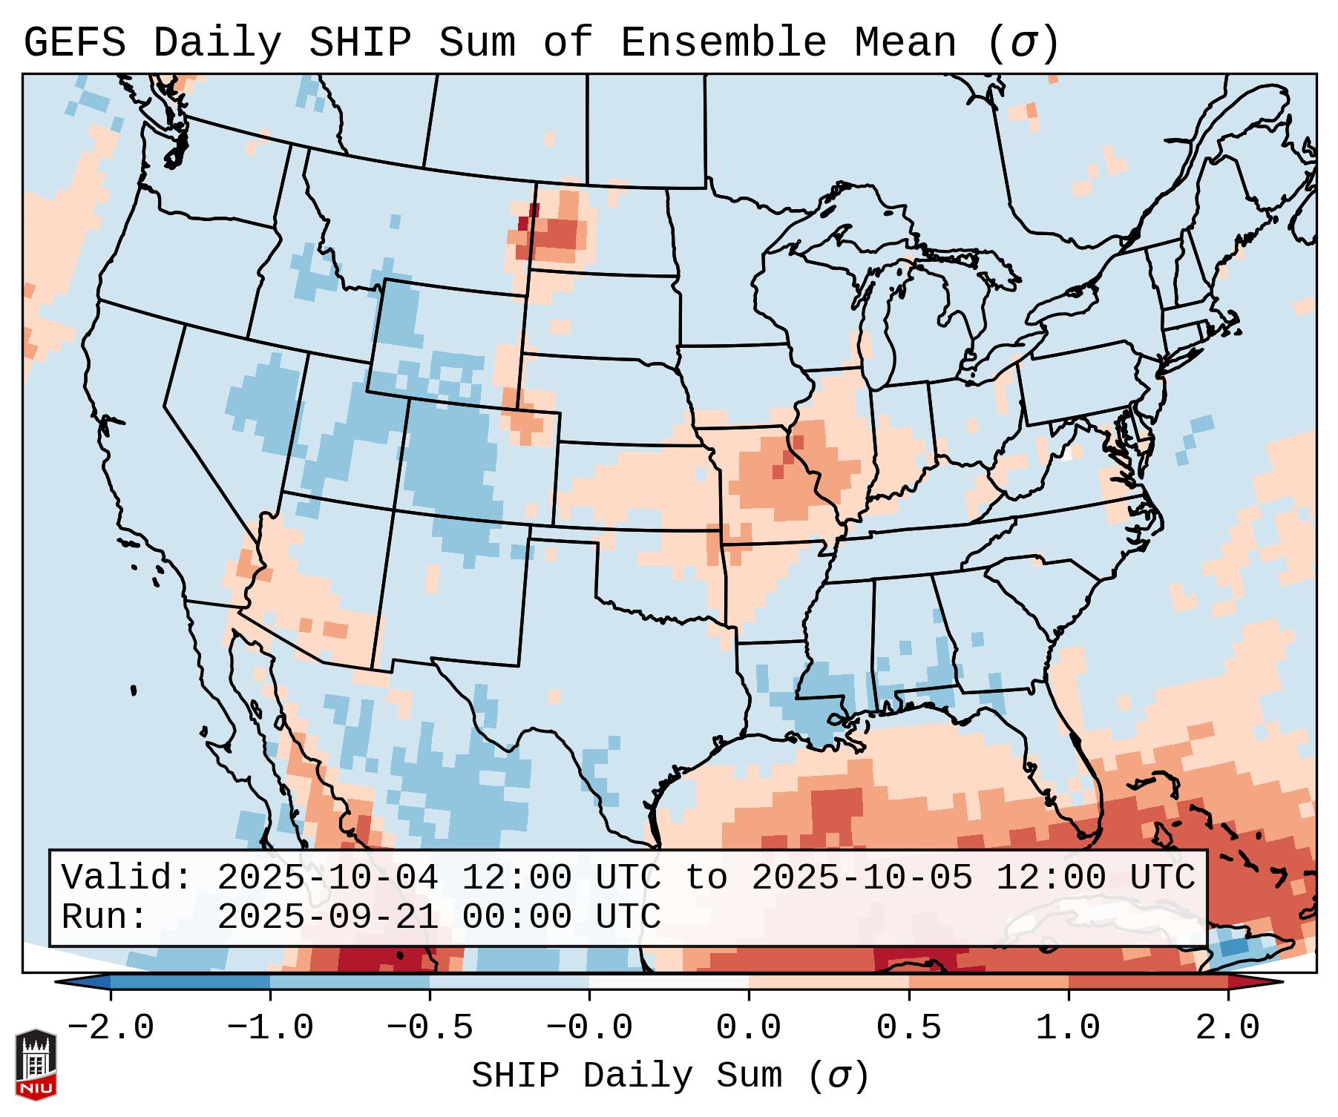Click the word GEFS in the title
click(75, 42)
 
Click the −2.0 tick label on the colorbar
click(111, 1028)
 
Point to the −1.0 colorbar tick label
click(270, 1028)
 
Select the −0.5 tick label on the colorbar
click(430, 1028)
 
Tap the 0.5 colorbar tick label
click(908, 1028)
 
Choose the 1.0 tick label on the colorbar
click(1068, 1028)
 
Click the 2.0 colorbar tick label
click(1227, 1028)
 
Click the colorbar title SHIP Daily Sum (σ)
click(669, 1076)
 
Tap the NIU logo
click(36, 1064)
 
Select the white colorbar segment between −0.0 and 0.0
click(669, 982)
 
